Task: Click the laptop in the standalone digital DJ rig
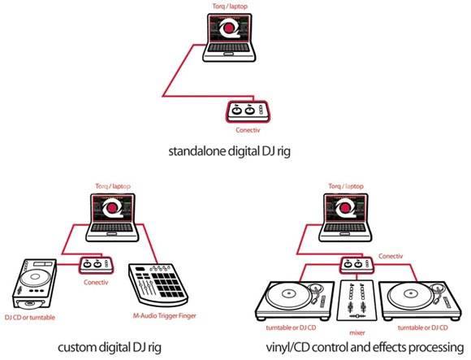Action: pos(229,37)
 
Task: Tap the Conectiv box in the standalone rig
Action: pos(248,111)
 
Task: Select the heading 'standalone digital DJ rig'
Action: pos(230,151)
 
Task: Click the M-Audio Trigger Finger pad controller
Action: pos(158,284)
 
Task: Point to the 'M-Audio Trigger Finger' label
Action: pos(164,316)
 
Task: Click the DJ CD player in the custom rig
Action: pos(35,284)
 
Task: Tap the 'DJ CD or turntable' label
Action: pos(30,317)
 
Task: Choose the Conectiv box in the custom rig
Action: pos(96,266)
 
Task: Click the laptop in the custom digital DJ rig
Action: pos(112,218)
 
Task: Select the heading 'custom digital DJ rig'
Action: pos(110,347)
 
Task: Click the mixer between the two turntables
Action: pos(356,301)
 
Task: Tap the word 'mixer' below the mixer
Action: pos(356,332)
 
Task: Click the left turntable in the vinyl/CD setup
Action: pos(295,301)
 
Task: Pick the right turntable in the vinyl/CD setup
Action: pos(420,301)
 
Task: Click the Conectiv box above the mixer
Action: pos(356,265)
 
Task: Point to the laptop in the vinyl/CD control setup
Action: pos(345,218)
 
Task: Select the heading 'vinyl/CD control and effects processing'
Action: pos(365,347)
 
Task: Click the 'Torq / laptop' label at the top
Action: pos(230,6)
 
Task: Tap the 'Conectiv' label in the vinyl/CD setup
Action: pos(391,256)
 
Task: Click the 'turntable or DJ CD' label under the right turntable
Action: pos(422,327)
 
